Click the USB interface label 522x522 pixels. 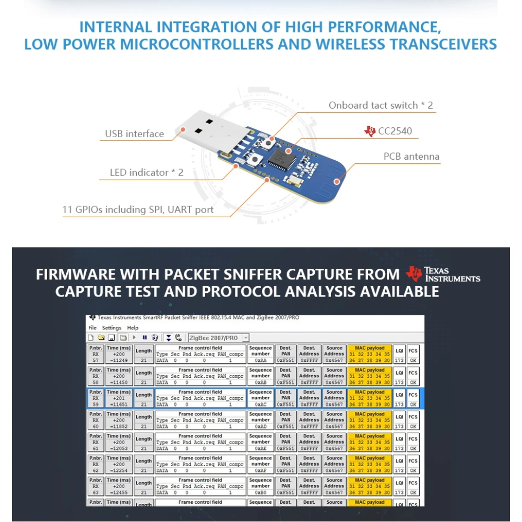134,134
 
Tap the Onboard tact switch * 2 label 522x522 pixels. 381,105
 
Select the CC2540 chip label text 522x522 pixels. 395,131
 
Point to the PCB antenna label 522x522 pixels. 411,157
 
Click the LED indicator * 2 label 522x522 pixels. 146,172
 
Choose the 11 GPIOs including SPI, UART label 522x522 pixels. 138,210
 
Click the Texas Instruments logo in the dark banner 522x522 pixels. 443,274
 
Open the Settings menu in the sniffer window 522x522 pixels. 112,328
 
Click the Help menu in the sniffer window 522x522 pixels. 133,328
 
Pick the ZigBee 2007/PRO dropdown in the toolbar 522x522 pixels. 218,338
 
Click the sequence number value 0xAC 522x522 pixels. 260,405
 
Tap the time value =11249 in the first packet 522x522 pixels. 118,360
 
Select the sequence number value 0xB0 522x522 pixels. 260,492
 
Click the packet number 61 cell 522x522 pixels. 96,448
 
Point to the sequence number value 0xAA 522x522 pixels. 260,360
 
